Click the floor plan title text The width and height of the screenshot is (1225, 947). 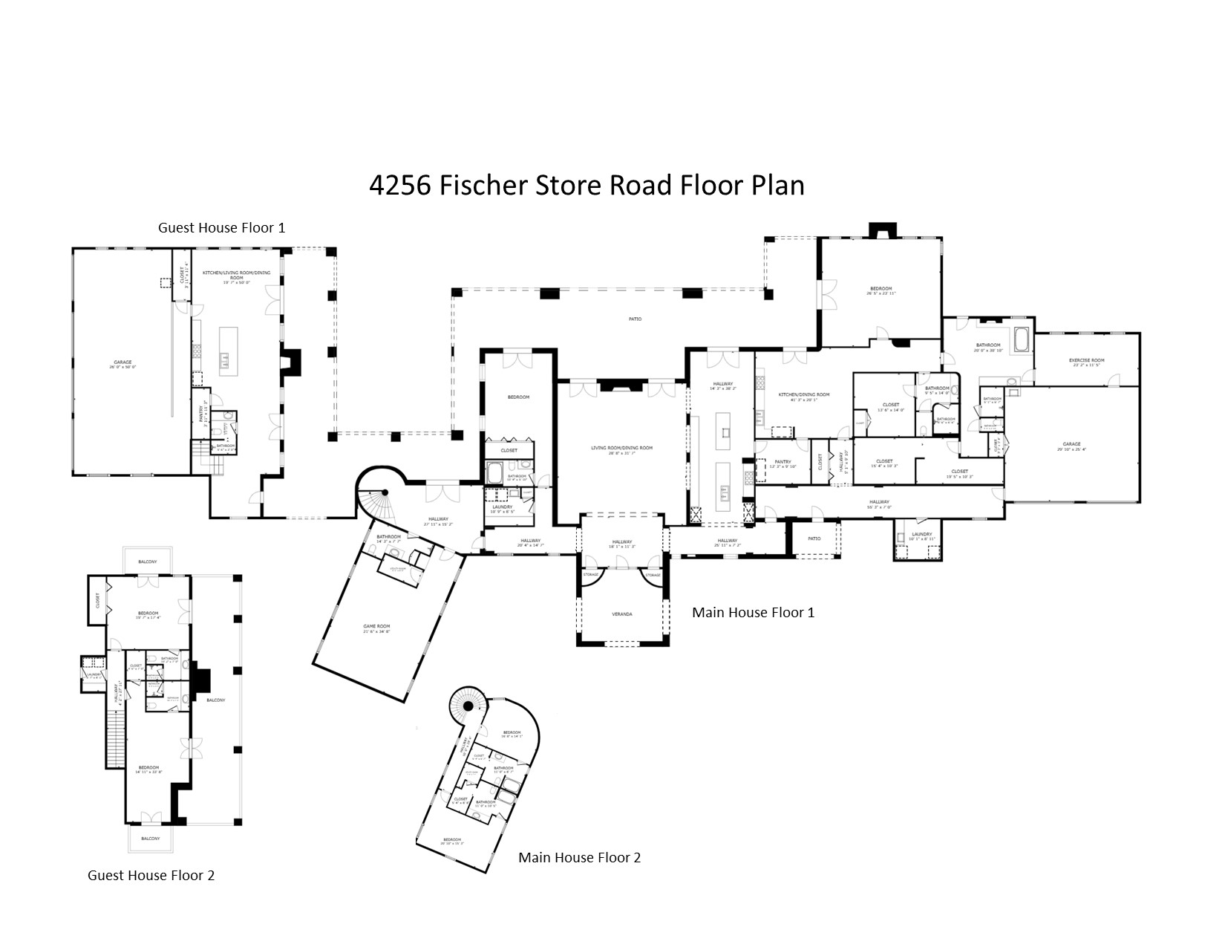point(587,185)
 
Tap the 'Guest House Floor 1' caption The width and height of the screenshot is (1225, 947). point(221,227)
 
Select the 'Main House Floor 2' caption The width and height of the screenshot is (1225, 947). point(579,857)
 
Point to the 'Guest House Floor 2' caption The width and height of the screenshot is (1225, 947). point(151,875)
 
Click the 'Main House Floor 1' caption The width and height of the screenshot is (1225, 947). point(753,612)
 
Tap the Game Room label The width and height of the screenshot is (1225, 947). point(376,627)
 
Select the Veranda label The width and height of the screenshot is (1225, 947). point(622,614)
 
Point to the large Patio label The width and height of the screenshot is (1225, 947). point(635,319)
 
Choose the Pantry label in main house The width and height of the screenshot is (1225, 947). point(783,462)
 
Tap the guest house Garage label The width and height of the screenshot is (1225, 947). point(123,362)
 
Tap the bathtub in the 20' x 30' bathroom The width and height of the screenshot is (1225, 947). point(1022,340)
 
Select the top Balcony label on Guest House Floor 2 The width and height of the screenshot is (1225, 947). point(147,562)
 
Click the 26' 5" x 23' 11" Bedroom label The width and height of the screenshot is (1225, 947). point(881,289)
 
